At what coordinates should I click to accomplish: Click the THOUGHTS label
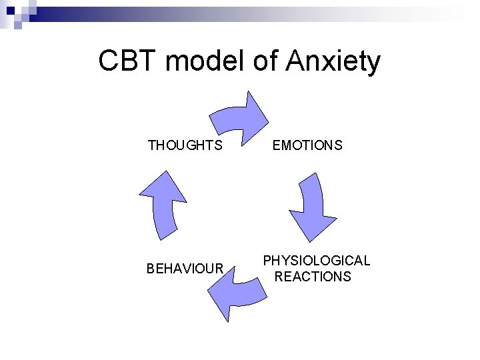click(x=185, y=145)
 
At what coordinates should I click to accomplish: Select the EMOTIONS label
click(x=307, y=145)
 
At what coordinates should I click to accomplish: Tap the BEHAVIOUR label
click(x=185, y=269)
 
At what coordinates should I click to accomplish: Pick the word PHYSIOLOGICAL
click(x=316, y=261)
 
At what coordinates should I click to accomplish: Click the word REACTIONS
click(x=313, y=277)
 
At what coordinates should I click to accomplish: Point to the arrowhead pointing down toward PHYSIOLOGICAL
click(x=312, y=227)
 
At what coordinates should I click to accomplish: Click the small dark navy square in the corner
click(x=18, y=25)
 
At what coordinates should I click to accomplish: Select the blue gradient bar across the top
click(x=253, y=11)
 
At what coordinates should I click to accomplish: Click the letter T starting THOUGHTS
click(x=151, y=145)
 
